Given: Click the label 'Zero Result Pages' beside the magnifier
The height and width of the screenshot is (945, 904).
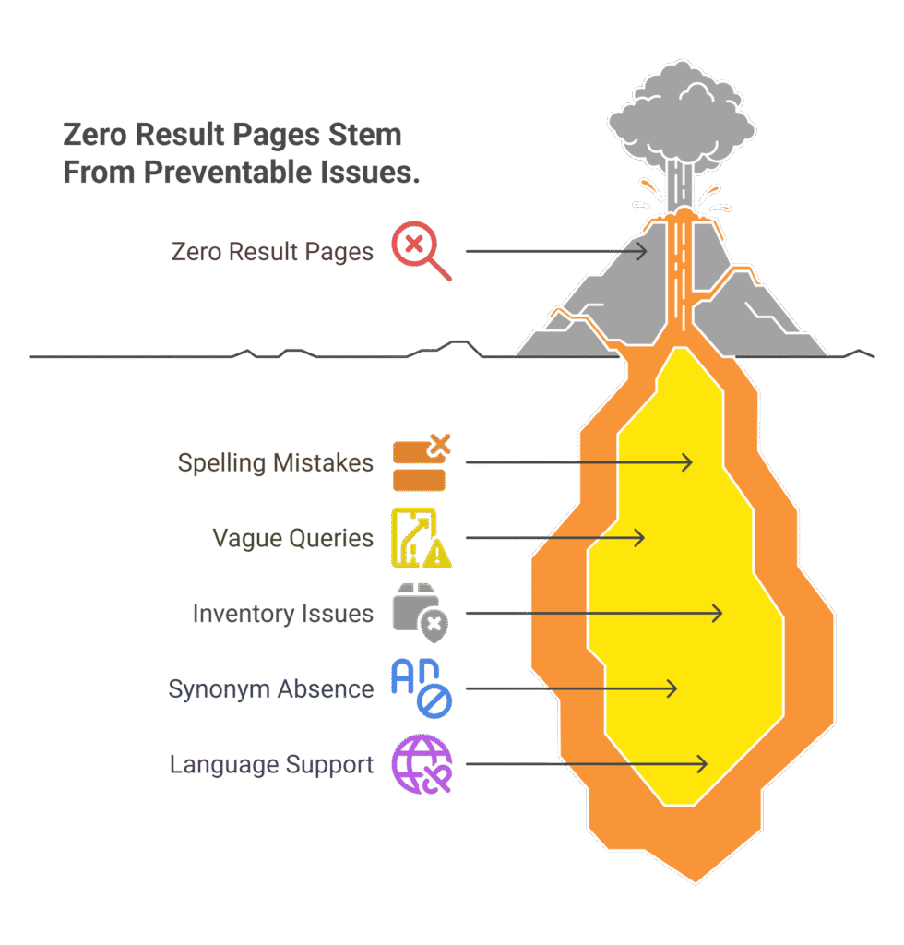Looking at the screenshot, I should pyautogui.click(x=272, y=252).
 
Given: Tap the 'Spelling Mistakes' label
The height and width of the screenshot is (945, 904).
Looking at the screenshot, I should pyautogui.click(x=276, y=462).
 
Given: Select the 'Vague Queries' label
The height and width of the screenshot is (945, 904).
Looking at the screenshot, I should pyautogui.click(x=292, y=538).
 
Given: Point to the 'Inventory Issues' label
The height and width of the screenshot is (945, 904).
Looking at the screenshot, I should pyautogui.click(x=282, y=614).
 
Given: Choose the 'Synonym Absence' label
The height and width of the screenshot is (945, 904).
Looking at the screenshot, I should pyautogui.click(x=270, y=689).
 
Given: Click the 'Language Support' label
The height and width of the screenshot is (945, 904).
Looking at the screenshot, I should pyautogui.click(x=271, y=765).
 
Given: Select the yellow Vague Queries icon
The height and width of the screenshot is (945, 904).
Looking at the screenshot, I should pyautogui.click(x=420, y=538).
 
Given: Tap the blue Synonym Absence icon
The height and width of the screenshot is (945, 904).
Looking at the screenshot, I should pyautogui.click(x=421, y=688).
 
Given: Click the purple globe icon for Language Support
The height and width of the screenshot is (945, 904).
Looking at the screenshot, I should pyautogui.click(x=421, y=765).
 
